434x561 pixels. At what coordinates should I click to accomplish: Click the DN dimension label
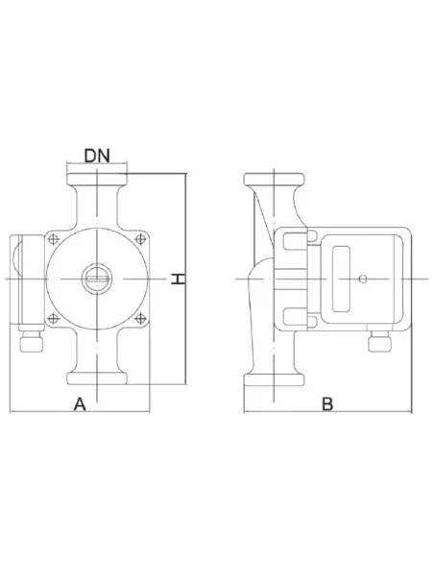pyautogui.click(x=97, y=156)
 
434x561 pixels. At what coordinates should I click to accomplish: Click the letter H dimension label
pyautogui.click(x=178, y=279)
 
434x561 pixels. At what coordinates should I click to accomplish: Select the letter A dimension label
pyautogui.click(x=80, y=403)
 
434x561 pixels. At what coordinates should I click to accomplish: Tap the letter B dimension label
pyautogui.click(x=327, y=403)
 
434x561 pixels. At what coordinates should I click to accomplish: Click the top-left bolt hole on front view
pyautogui.click(x=53, y=239)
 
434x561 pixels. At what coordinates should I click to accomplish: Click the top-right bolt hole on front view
pyautogui.click(x=140, y=239)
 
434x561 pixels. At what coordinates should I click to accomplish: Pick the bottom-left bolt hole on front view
pyautogui.click(x=53, y=318)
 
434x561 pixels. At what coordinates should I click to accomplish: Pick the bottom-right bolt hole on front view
pyautogui.click(x=140, y=318)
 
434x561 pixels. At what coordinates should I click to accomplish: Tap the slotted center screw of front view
pyautogui.click(x=97, y=279)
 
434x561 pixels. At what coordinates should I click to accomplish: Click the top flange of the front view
pyautogui.click(x=97, y=180)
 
